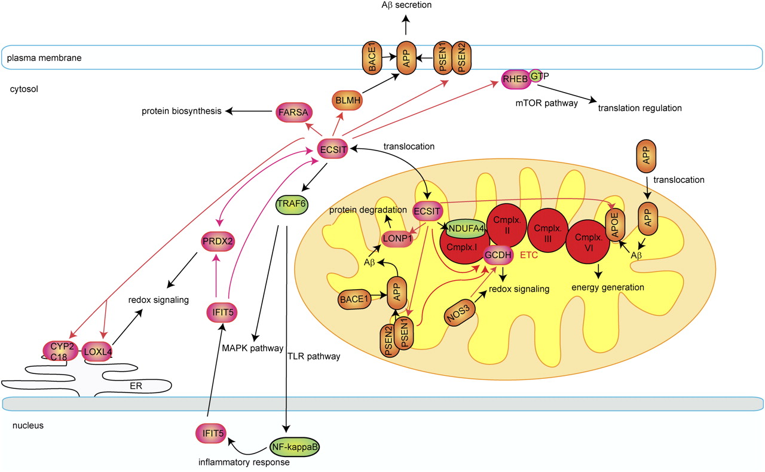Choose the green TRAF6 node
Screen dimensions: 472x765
coord(291,204)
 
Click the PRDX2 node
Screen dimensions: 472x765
coord(219,242)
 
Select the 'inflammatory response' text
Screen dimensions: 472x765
coord(245,462)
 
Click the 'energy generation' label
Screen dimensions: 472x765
coord(608,287)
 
